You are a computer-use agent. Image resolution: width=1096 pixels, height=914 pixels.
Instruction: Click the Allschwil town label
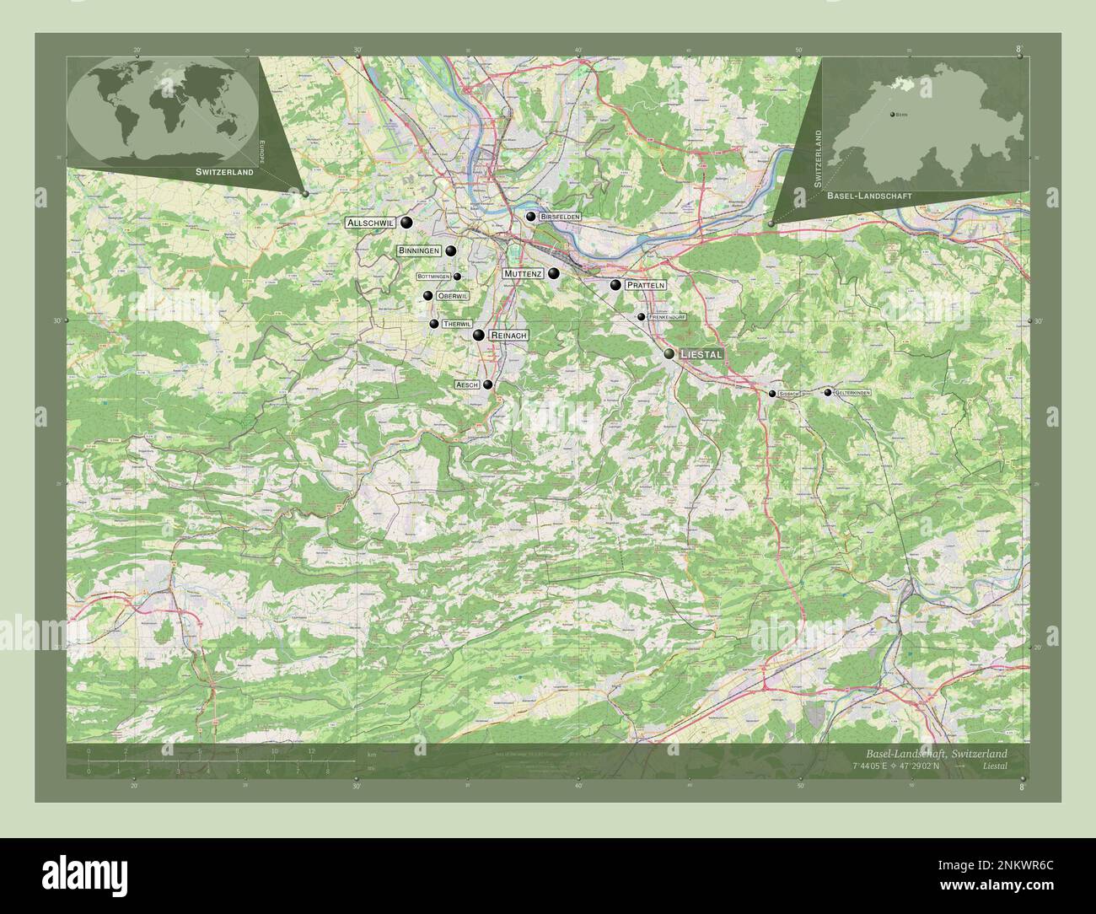pyautogui.click(x=371, y=223)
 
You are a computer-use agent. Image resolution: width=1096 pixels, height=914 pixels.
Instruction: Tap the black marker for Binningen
pyautogui.click(x=451, y=251)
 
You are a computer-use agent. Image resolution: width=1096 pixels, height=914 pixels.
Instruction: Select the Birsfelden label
pyautogui.click(x=560, y=217)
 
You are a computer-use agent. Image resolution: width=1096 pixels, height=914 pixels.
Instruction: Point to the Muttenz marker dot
pyautogui.click(x=554, y=273)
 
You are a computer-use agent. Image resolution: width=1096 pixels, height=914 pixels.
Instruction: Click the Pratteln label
pyautogui.click(x=646, y=286)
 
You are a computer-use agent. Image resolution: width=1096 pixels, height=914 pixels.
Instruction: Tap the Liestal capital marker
pyautogui.click(x=669, y=354)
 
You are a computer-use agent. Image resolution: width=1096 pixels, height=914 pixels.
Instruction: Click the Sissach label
pyautogui.click(x=788, y=394)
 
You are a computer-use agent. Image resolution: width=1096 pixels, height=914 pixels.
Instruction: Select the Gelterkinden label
pyautogui.click(x=852, y=393)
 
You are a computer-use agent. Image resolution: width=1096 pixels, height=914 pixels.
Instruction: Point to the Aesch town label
pyautogui.click(x=467, y=384)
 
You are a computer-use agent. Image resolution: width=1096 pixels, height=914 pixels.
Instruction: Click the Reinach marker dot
pyautogui.click(x=479, y=336)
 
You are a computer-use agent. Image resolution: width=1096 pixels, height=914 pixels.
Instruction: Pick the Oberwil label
pyautogui.click(x=452, y=296)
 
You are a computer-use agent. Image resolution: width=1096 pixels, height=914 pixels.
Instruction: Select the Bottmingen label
pyautogui.click(x=433, y=277)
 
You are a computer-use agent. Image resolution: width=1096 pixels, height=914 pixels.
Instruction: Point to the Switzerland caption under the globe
pyautogui.click(x=223, y=172)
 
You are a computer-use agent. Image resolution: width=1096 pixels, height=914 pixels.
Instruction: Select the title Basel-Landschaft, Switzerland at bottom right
pyautogui.click(x=936, y=753)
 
